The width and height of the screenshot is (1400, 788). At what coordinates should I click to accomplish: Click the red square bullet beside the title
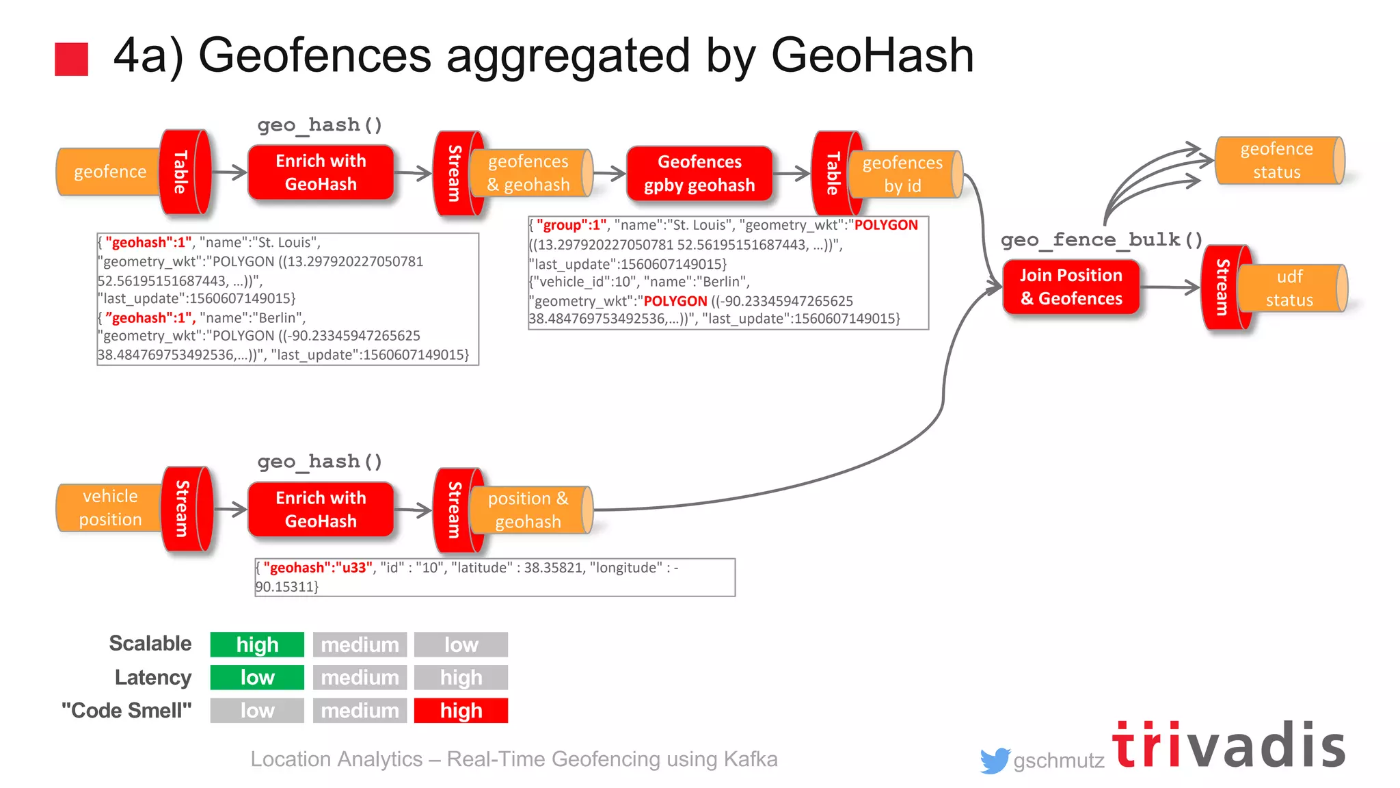[71, 59]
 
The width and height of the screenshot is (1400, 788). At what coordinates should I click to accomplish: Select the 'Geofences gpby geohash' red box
[699, 174]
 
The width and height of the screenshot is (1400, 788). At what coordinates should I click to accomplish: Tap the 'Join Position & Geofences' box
[1071, 287]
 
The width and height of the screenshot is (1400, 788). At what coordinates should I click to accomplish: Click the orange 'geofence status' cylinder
[1276, 161]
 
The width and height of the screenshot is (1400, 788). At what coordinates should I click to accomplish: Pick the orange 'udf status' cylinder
[1290, 289]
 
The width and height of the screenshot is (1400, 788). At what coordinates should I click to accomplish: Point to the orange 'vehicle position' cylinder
[109, 508]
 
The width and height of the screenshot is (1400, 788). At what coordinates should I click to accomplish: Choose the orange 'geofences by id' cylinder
[902, 174]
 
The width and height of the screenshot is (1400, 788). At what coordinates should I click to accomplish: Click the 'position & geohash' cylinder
[528, 510]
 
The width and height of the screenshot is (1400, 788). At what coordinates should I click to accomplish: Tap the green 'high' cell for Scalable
[257, 644]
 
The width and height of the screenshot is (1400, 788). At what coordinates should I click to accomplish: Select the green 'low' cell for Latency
[257, 677]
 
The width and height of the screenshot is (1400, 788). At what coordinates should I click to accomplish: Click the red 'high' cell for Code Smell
[461, 711]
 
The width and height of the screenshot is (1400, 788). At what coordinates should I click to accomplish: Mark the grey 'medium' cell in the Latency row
[360, 677]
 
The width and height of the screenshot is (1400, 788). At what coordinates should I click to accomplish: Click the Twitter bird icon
[995, 760]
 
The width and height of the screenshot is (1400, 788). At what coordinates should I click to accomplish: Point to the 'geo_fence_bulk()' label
[1101, 240]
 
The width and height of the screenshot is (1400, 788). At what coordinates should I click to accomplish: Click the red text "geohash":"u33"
[318, 568]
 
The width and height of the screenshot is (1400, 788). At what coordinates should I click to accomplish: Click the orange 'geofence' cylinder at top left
[109, 172]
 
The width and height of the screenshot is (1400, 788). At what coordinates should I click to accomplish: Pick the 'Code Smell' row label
[126, 711]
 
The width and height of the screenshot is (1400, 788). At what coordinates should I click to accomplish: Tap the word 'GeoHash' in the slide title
[872, 56]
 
